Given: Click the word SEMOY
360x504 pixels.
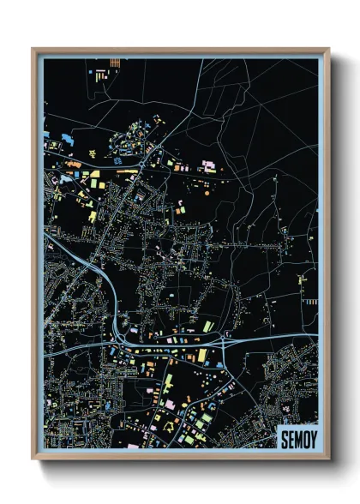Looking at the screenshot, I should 297,440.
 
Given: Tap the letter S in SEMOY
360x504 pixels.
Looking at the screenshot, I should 284,440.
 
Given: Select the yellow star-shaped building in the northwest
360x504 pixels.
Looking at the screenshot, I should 94,176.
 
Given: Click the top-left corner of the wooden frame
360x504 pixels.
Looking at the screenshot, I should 33,50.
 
